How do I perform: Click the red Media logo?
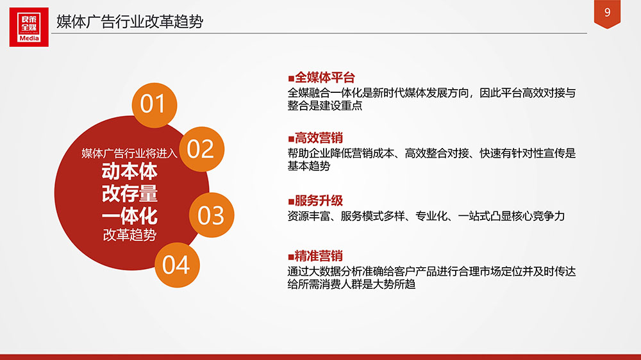tap(29, 27)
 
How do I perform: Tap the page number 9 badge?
tap(607, 13)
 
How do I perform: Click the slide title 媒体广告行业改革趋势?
tap(129, 21)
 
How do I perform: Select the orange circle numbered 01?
tap(154, 105)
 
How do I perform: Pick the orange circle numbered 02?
tap(201, 149)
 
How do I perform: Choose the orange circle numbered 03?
tap(212, 215)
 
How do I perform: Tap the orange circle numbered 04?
tap(177, 265)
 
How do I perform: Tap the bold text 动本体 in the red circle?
tap(129, 172)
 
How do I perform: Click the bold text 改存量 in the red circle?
tap(129, 193)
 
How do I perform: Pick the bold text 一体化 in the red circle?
tap(129, 216)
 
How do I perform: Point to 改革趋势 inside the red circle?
tap(129, 235)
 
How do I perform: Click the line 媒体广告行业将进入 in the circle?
tap(129, 153)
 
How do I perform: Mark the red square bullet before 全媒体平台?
tap(291, 78)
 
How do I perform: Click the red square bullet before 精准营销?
tap(291, 257)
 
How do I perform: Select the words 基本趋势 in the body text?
tap(309, 166)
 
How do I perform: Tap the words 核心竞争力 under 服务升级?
tap(538, 216)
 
